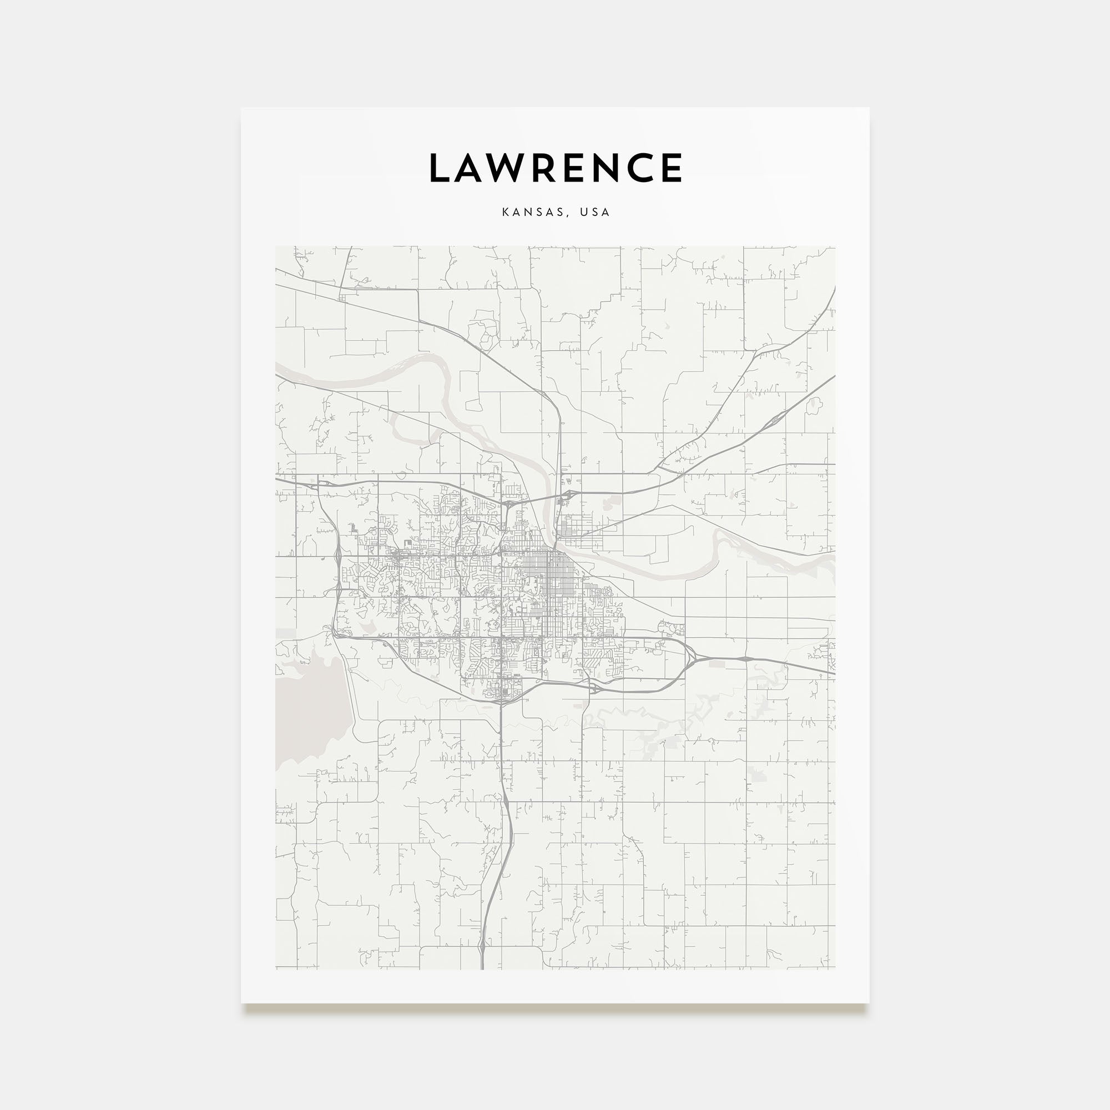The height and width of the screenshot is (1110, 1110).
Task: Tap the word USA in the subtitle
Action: [594, 212]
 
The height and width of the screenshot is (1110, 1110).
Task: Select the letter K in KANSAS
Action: [506, 212]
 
